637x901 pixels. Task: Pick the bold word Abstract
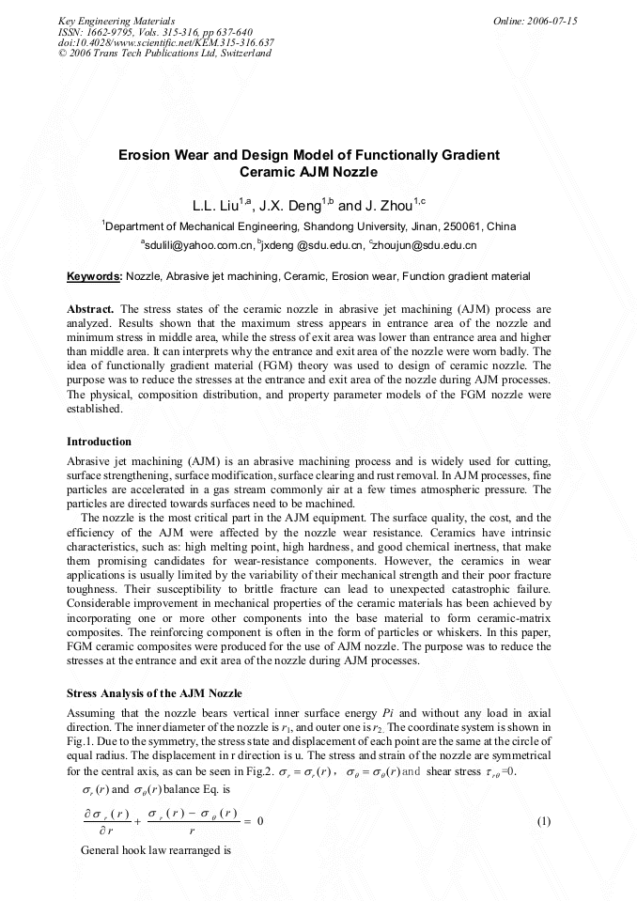click(91, 308)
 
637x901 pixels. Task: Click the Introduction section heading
click(99, 442)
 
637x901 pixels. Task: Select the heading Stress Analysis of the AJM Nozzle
click(154, 692)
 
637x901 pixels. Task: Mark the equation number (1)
click(543, 821)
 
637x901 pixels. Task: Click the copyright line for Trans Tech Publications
click(164, 54)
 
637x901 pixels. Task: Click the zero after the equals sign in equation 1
click(259, 821)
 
